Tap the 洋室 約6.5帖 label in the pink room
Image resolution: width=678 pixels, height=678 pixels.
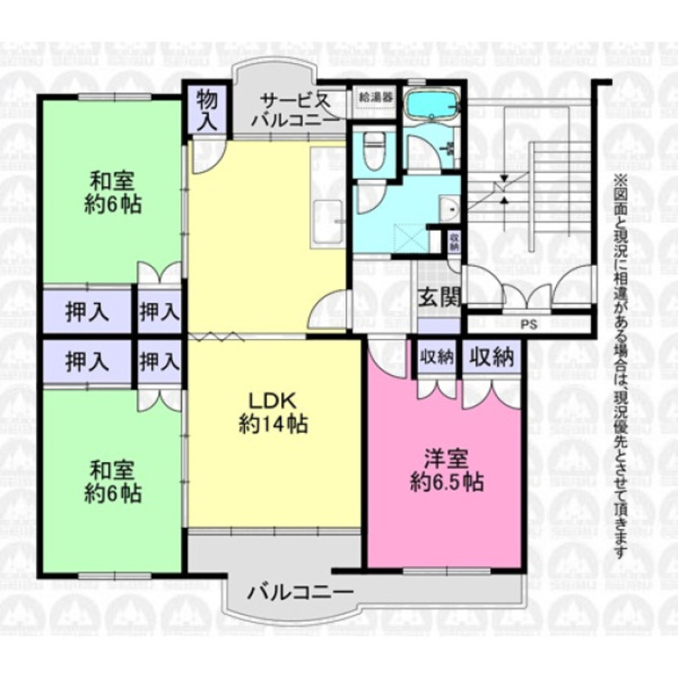coord(444,469)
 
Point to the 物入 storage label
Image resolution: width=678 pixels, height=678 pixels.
coord(205,108)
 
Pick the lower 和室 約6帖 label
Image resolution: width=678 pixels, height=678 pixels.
coord(113,481)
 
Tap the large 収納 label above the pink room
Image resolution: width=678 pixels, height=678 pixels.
coord(491,355)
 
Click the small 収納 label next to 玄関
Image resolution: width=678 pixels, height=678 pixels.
coord(436,356)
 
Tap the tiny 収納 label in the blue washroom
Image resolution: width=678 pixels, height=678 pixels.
coord(453,241)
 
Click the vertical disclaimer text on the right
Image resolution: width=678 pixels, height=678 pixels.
coord(620,362)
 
